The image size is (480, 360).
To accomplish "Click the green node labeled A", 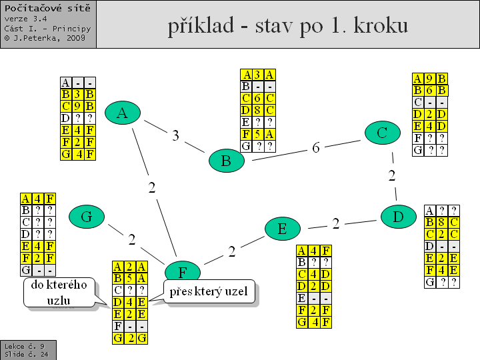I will click(x=122, y=113).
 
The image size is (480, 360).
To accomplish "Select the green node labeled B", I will click(x=226, y=161).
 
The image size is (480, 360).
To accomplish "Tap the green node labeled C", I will click(x=382, y=133).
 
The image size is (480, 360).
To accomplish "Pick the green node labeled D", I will click(x=398, y=217).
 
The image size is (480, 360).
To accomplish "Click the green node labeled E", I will click(x=282, y=229).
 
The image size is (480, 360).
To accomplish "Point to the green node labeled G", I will click(x=86, y=217).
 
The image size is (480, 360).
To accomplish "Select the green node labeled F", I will click(x=182, y=271).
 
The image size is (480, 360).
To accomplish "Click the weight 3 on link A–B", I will click(x=175, y=135).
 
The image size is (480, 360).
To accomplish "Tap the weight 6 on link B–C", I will click(x=316, y=148).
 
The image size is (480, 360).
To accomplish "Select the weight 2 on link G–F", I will click(x=132, y=239).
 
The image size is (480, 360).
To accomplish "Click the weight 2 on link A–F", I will click(x=152, y=187).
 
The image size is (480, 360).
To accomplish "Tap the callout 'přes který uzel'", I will click(x=210, y=293).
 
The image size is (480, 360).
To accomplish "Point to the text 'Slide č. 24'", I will click(x=24, y=355).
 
